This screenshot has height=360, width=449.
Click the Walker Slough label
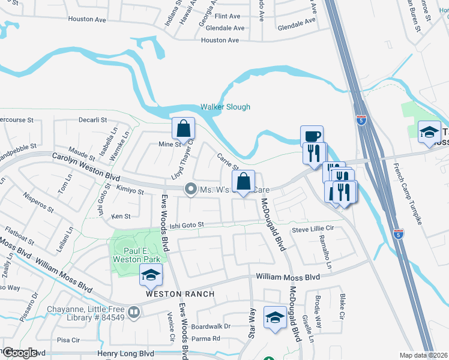225,107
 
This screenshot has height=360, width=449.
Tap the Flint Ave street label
228,17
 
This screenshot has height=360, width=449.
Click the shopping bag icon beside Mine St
184,128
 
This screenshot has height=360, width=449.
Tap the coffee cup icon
312,136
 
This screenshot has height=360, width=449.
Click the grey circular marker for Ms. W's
191,190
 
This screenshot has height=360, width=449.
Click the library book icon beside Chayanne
134,312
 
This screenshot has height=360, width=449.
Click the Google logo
20,353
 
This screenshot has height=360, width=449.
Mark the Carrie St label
228,161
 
